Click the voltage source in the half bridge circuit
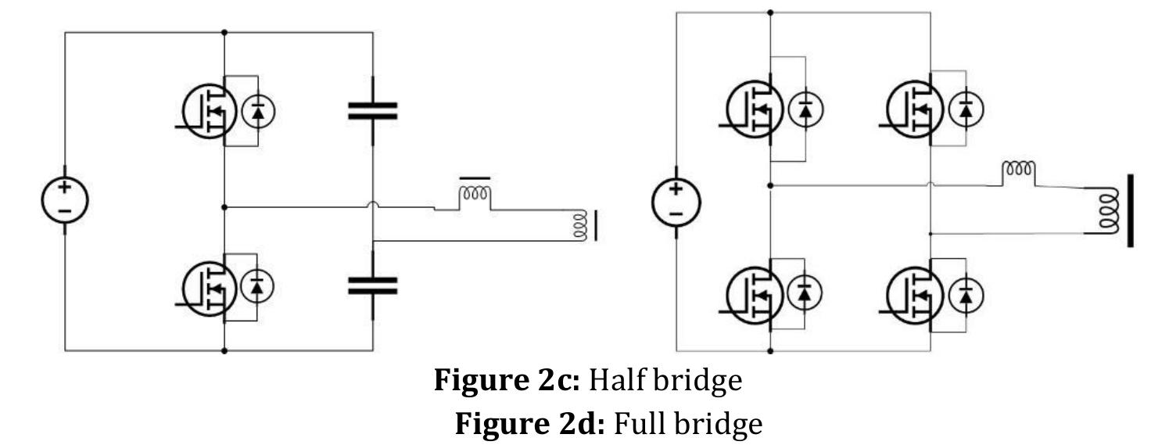point(64,199)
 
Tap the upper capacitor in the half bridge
point(372,112)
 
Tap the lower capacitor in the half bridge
point(372,286)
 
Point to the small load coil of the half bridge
point(580,224)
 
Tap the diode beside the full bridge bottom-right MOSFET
point(966,295)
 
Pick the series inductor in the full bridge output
point(1019,170)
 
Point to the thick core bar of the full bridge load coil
point(1130,210)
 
